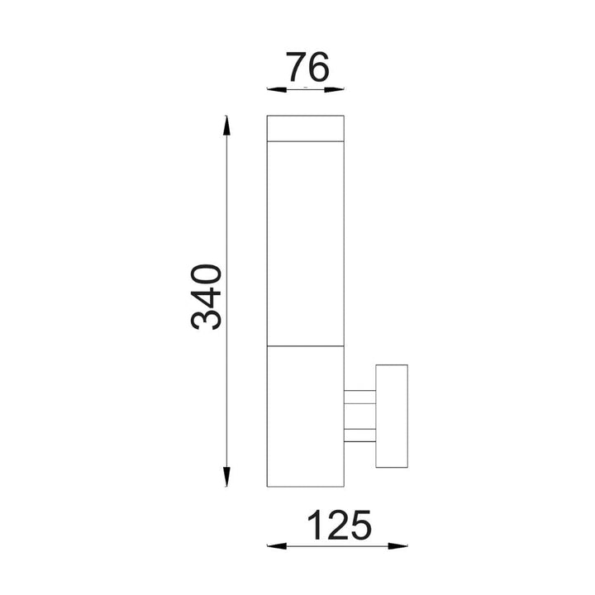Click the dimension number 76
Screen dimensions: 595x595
tap(307, 67)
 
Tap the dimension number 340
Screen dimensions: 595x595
tap(206, 297)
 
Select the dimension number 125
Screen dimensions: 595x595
tap(340, 526)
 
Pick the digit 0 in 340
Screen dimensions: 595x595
tap(206, 275)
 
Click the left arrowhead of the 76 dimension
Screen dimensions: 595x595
tap(277, 90)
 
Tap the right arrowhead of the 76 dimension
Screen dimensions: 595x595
tap(335, 90)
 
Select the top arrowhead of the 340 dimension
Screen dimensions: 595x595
tap(226, 126)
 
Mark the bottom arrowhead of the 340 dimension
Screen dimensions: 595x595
tap(226, 477)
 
